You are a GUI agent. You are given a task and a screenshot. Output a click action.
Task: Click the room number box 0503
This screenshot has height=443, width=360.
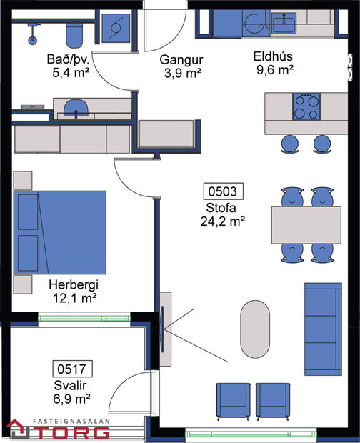[224, 191]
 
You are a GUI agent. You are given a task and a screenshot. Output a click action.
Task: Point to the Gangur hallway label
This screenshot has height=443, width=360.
[178, 59]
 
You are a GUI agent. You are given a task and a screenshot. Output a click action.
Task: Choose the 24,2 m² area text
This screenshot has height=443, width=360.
[223, 221]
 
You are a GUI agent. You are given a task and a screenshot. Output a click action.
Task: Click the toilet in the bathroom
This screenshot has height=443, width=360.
[74, 31]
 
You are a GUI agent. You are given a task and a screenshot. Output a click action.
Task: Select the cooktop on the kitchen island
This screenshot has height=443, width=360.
[306, 107]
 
